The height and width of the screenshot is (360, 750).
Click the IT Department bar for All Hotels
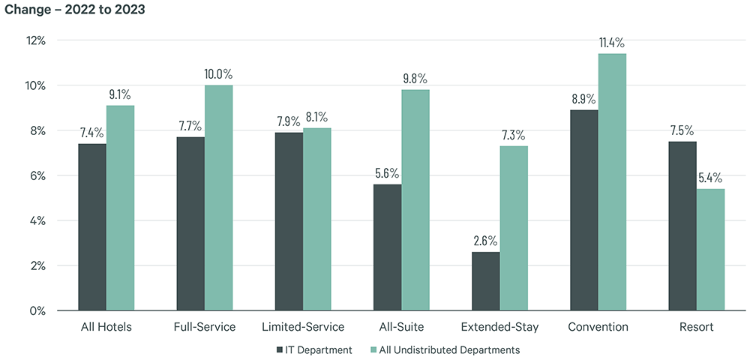[x=92, y=226]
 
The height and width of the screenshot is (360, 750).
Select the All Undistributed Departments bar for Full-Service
[x=219, y=197]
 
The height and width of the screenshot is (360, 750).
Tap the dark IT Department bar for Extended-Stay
[x=486, y=280]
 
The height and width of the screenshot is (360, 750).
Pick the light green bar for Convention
[x=612, y=181]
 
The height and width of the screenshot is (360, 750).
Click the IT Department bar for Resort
[x=682, y=225]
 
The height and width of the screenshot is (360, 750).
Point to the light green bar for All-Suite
[x=415, y=199]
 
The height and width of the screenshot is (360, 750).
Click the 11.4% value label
[x=613, y=42]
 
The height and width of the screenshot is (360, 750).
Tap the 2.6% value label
[x=485, y=241]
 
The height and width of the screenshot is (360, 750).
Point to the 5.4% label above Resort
[x=710, y=178]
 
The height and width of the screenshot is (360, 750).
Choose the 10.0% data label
[x=219, y=74]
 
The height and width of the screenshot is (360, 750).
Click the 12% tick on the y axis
[x=35, y=40]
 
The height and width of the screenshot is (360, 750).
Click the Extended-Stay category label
[x=499, y=327]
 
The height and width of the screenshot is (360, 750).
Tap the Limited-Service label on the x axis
[x=303, y=327]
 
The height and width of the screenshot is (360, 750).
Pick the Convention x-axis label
[x=598, y=327]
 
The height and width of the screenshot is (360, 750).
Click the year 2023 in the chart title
[x=130, y=10]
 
